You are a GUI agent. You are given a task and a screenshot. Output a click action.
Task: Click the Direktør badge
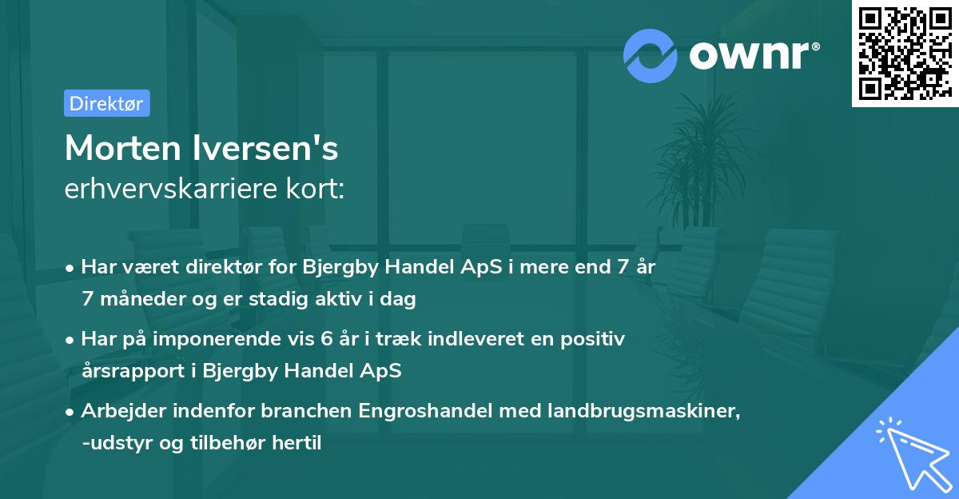[x=106, y=103]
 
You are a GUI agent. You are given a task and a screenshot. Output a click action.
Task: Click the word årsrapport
[x=125, y=372]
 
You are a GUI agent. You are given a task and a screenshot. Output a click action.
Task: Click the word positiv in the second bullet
[x=595, y=339]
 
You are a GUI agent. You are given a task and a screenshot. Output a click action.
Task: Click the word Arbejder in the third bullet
[x=117, y=411]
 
